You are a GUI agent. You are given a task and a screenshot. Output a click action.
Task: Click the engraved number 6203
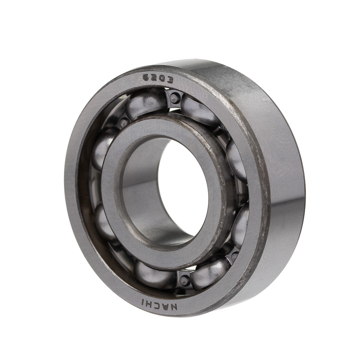[x=158, y=79]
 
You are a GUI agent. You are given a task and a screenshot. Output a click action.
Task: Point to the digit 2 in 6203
[x=154, y=78]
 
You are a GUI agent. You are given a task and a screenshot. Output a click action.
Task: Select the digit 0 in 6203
[x=162, y=80]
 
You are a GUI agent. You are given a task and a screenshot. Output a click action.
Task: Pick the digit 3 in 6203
[x=170, y=80]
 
